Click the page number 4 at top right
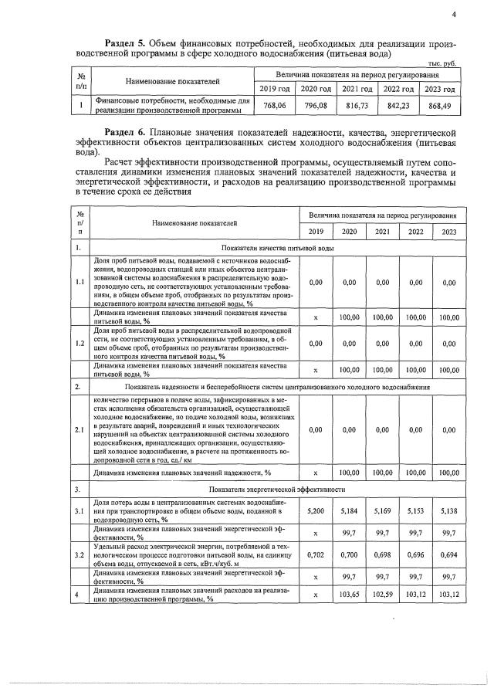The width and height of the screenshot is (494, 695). coord(455,13)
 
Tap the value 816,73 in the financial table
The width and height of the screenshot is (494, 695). coord(357,105)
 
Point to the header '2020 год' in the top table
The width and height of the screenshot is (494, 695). coord(315,90)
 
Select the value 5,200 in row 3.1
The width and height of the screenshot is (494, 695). coord(316,511)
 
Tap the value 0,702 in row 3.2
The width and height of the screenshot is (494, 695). coord(316,555)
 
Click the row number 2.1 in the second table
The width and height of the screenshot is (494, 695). coord(80,430)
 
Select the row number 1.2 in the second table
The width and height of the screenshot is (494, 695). coord(80,341)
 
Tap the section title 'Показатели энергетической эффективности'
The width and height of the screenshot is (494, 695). coord(276,490)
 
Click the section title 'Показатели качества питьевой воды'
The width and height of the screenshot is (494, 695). coord(276,248)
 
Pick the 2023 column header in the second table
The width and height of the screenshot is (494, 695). coord(449,232)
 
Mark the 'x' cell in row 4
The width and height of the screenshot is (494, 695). coord(316,595)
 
